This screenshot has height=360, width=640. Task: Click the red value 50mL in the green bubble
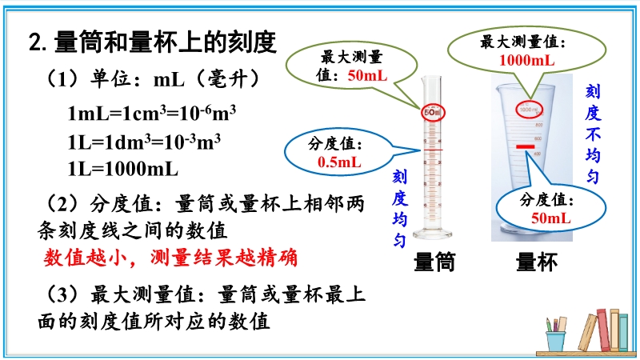pos(367,75)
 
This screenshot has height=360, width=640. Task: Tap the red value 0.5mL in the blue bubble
pos(339,162)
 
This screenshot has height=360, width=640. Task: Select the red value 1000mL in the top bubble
pos(526,61)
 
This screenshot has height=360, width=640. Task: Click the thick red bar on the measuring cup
pos(526,146)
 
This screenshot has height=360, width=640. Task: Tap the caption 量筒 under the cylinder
pos(434,262)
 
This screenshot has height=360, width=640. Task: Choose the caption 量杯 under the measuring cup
pos(536,262)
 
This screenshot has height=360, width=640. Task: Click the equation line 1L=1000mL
pos(123,169)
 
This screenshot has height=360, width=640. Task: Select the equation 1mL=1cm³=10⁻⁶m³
pos(151,113)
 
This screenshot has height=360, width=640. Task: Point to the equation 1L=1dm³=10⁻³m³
pos(144,142)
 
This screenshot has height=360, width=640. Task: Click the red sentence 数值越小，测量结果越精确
pos(170,258)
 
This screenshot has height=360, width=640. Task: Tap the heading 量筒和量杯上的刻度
pos(165,42)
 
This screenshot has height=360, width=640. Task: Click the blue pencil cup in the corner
pos(555,341)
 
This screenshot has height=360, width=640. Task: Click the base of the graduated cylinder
pos(432,234)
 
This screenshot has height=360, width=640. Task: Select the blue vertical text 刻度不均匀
pos(593,134)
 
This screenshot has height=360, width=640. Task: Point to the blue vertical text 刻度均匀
pos(399,209)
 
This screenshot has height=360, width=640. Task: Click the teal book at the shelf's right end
pos(623,332)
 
